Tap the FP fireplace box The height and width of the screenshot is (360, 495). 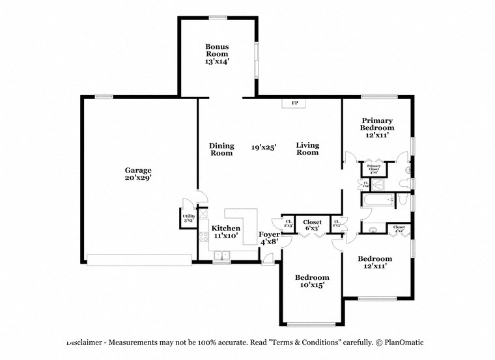click(x=294, y=104)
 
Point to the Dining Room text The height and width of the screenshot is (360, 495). click(x=221, y=150)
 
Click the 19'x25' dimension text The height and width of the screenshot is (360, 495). click(x=264, y=148)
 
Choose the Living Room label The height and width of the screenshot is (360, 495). click(x=307, y=149)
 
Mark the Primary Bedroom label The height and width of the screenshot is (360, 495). click(x=377, y=128)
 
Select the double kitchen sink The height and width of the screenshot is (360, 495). click(x=221, y=254)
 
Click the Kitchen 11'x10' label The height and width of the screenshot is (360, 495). click(x=225, y=232)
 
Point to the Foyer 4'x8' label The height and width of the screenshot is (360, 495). click(x=270, y=238)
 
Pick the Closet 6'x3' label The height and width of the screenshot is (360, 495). click(x=312, y=225)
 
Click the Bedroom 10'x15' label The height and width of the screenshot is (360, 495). click(x=311, y=281)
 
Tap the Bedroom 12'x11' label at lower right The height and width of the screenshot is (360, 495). click(x=375, y=262)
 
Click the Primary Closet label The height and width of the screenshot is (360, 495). click(x=374, y=168)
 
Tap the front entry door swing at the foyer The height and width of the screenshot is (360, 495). click(x=267, y=259)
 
